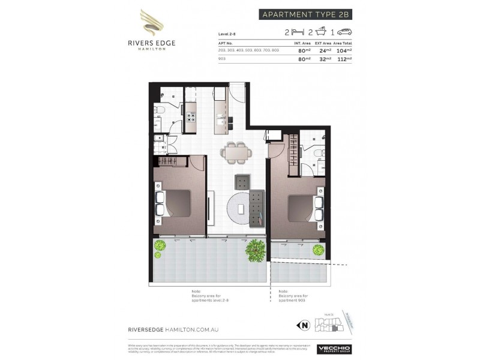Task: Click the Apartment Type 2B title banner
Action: pyautogui.click(x=305, y=15)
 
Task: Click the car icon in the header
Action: pyautogui.click(x=344, y=32)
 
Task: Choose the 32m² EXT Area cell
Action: pyautogui.click(x=324, y=60)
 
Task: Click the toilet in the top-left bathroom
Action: pyautogui.click(x=158, y=110)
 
